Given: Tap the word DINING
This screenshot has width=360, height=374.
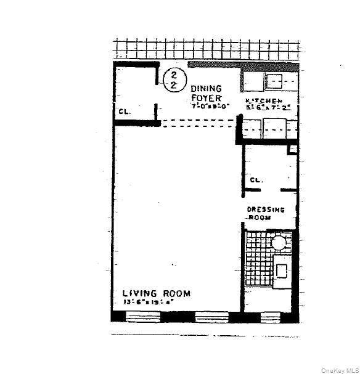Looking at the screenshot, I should (x=205, y=89).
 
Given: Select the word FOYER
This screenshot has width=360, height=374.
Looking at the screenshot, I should (x=205, y=97).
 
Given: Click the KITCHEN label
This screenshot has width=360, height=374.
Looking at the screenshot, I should (x=264, y=101).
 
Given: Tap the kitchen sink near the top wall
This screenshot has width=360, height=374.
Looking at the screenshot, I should (x=274, y=80).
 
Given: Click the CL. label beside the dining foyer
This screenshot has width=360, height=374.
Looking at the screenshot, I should (x=123, y=112).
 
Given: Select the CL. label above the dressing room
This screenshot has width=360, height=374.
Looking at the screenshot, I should (x=256, y=180).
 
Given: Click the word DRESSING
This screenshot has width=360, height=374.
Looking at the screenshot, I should (x=266, y=209).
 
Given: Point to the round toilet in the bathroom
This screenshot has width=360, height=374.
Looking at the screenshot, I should (x=279, y=242).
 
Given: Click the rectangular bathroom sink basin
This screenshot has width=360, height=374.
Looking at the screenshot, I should (x=281, y=270).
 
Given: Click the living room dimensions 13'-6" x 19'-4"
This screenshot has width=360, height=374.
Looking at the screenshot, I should (x=148, y=303).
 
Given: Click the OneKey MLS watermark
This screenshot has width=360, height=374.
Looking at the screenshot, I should (x=340, y=370).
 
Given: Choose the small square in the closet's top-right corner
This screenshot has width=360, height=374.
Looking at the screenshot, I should (x=292, y=149).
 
